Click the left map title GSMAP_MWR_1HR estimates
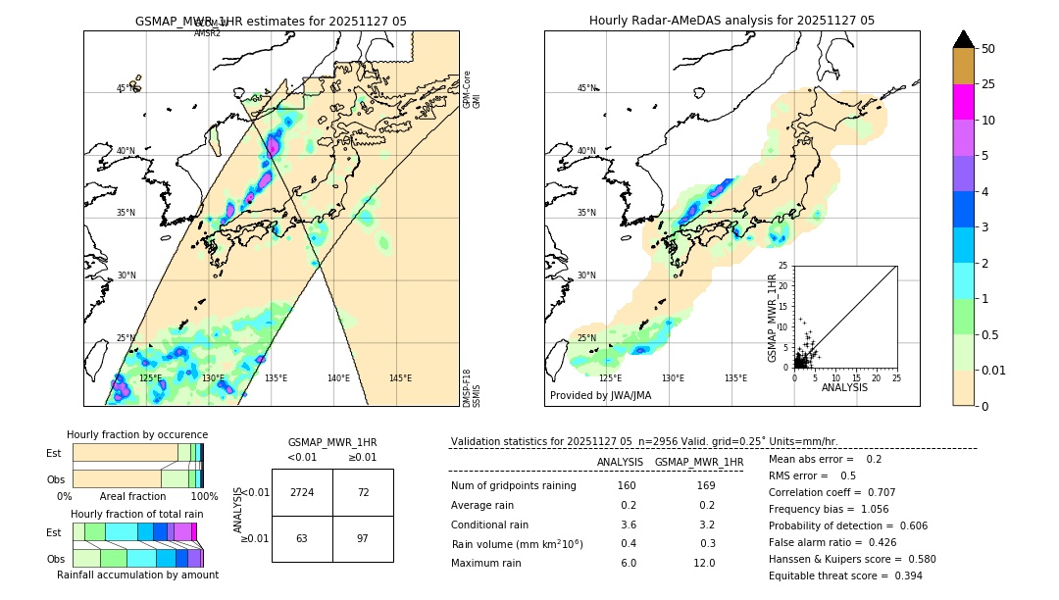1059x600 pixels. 271,21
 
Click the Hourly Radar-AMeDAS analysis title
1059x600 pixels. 731,21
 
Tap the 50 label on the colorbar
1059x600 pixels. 988,49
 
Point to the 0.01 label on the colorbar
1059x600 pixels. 992,370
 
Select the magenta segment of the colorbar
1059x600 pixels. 964,102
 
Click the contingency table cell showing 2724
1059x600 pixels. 302,492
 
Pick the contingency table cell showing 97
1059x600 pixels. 363,538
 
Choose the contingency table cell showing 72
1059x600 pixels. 363,492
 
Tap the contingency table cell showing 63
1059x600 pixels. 302,538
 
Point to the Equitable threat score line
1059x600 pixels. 845,575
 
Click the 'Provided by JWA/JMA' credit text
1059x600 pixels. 600,396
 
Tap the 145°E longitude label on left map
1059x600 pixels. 400,378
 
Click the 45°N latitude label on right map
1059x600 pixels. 586,88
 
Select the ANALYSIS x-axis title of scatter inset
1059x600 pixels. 844,387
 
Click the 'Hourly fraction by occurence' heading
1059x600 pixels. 137,434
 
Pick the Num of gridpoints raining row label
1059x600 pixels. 514,486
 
